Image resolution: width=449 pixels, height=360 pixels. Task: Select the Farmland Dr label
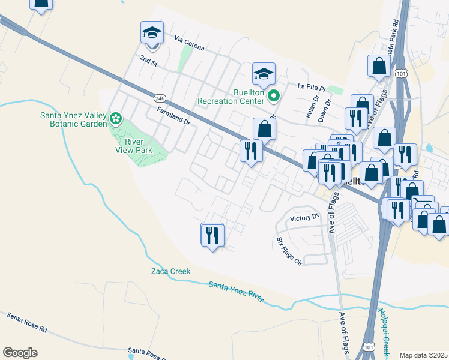pos(173,116)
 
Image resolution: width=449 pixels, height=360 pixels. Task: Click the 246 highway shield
pos(159,98)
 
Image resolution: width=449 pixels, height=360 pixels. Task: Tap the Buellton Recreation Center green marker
pos(274,95)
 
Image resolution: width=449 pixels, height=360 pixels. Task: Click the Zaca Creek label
pos(170,271)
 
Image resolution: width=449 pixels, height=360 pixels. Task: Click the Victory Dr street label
pos(304,218)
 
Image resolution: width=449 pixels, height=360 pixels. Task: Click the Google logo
pos(20,352)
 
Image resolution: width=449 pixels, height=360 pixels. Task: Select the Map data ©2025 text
pos(423,355)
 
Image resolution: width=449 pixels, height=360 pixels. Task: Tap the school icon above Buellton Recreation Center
pos(264,74)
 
